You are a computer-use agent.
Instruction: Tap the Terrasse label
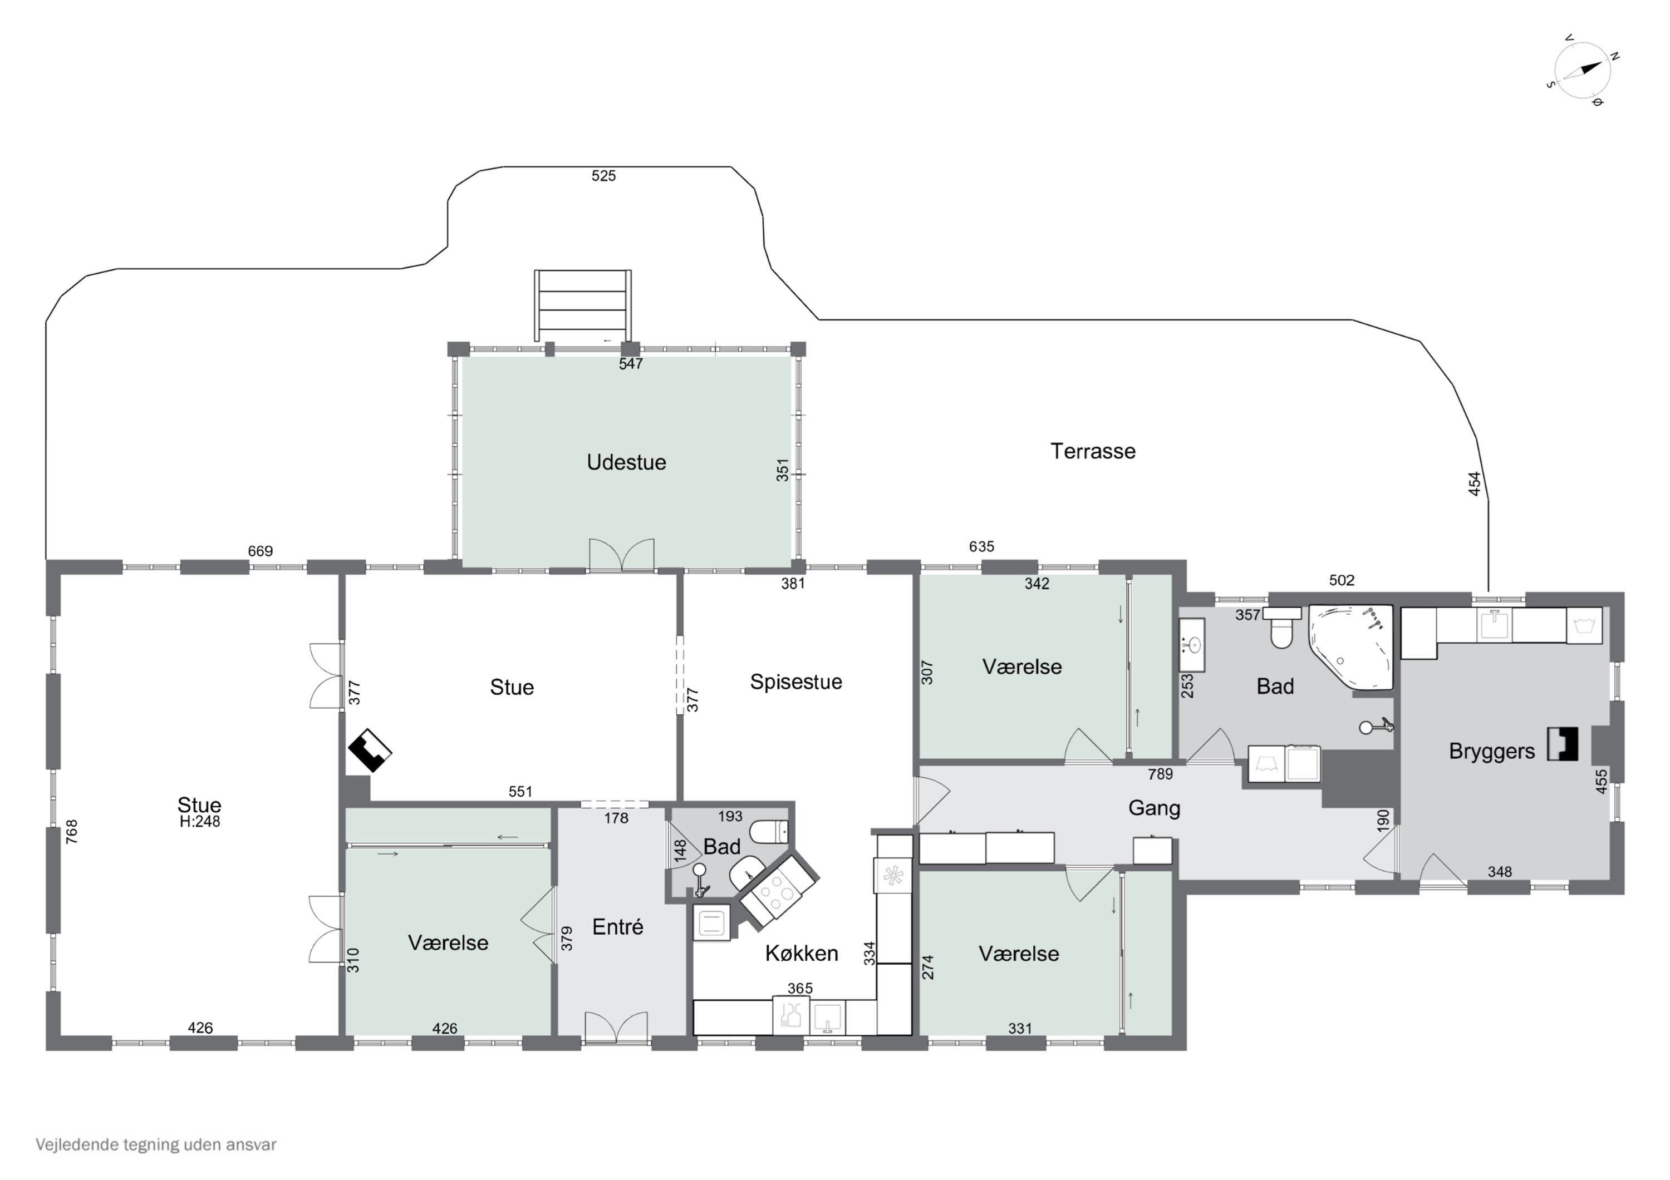coord(1093,452)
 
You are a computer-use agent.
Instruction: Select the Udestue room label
coord(626,462)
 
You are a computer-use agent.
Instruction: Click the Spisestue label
coord(795,682)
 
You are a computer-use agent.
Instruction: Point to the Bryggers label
coord(1491,751)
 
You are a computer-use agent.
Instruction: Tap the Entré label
coord(617,926)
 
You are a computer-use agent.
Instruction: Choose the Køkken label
coord(802,953)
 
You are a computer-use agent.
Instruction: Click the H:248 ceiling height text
coord(200,822)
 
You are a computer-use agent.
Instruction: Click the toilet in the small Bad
coord(769,831)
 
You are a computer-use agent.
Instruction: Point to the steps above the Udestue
coord(583,305)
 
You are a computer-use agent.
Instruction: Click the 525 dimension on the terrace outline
coord(603,176)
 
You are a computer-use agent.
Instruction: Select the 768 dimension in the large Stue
coord(71,832)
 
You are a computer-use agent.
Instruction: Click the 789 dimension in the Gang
coord(1160,774)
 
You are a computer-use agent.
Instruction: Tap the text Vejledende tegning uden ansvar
coord(156,1145)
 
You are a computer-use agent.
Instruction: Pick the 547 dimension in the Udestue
coord(631,363)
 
